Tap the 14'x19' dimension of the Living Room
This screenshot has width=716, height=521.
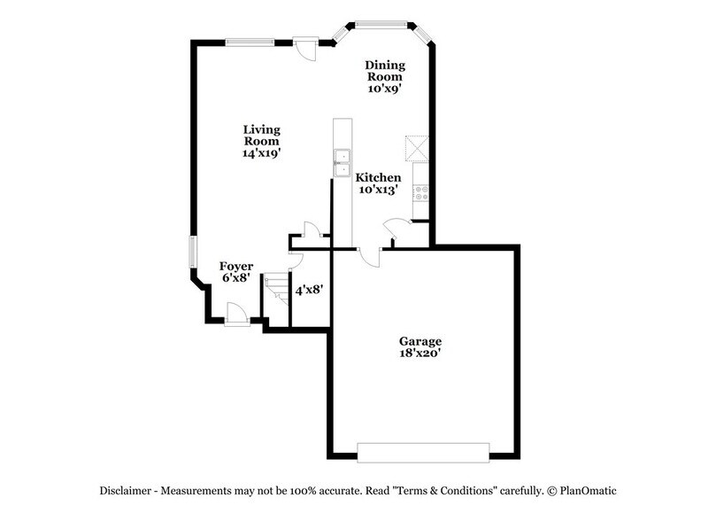[261, 153]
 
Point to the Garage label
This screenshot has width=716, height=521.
[420, 341]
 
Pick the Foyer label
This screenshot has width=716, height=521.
[237, 266]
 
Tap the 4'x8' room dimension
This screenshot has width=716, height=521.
[308, 289]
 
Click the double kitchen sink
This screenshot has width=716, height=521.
[341, 162]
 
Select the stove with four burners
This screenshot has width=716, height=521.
[421, 190]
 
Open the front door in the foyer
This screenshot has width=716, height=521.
[236, 314]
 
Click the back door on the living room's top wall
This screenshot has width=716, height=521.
[304, 47]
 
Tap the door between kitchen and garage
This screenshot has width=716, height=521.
[371, 255]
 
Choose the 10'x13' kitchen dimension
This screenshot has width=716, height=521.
[378, 190]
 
